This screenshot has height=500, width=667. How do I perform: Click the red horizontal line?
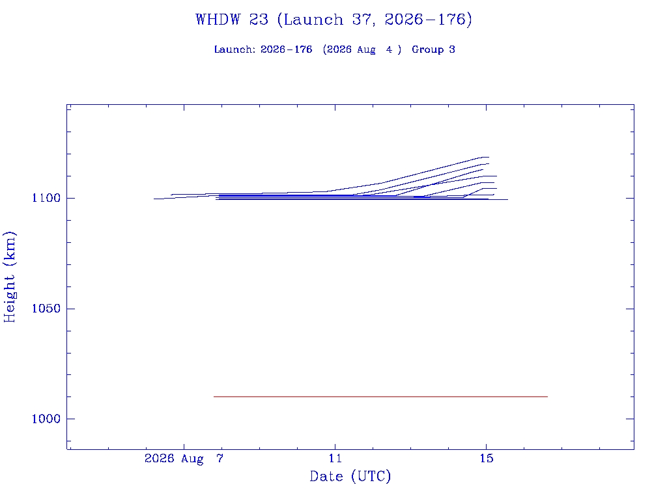click(380, 396)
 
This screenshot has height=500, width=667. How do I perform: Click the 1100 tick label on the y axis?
click(46, 198)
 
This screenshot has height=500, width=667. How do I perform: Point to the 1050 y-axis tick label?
click(46, 309)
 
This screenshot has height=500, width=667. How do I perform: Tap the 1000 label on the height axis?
click(46, 419)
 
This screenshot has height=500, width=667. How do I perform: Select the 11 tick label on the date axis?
click(335, 458)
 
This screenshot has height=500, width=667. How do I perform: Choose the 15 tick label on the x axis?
click(486, 458)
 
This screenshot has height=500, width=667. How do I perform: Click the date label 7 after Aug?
click(220, 458)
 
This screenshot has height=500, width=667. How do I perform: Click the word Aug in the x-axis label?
click(192, 459)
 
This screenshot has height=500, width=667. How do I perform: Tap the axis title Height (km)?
click(9, 277)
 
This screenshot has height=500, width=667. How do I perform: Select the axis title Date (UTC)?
click(350, 477)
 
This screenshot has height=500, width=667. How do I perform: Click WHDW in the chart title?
click(218, 20)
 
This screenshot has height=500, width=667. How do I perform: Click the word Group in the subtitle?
click(427, 49)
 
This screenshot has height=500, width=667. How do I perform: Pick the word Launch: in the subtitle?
click(234, 49)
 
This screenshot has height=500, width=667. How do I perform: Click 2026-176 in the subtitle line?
click(287, 49)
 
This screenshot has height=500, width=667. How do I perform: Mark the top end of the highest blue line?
click(489, 158)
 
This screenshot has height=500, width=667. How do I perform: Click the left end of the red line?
click(214, 396)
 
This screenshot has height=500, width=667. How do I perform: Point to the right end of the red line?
click(548, 396)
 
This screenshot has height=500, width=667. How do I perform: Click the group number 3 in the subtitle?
click(452, 49)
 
